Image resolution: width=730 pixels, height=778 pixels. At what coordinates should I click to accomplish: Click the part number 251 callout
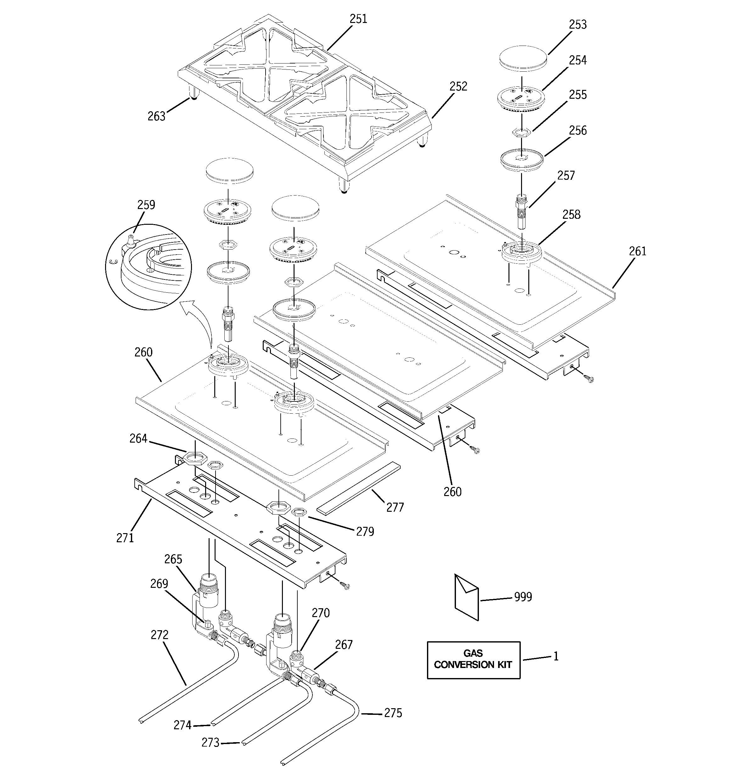358,19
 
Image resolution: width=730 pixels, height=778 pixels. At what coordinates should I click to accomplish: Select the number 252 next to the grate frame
458,86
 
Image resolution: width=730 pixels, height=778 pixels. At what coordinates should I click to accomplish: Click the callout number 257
566,175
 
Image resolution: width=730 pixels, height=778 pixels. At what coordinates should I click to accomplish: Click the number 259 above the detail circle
146,205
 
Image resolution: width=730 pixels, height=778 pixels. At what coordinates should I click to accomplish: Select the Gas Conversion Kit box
473,660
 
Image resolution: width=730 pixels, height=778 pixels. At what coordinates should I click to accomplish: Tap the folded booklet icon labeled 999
466,597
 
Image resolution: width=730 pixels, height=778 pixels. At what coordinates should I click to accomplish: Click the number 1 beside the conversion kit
556,656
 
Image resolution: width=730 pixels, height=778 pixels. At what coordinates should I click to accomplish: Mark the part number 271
125,538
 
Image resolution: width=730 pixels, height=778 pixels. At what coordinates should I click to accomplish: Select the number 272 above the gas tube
160,635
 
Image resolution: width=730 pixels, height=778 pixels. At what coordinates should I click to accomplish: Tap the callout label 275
393,713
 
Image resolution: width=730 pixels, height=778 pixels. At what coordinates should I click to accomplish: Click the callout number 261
637,251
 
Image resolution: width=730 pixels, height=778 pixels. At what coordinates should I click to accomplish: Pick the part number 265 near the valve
173,559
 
